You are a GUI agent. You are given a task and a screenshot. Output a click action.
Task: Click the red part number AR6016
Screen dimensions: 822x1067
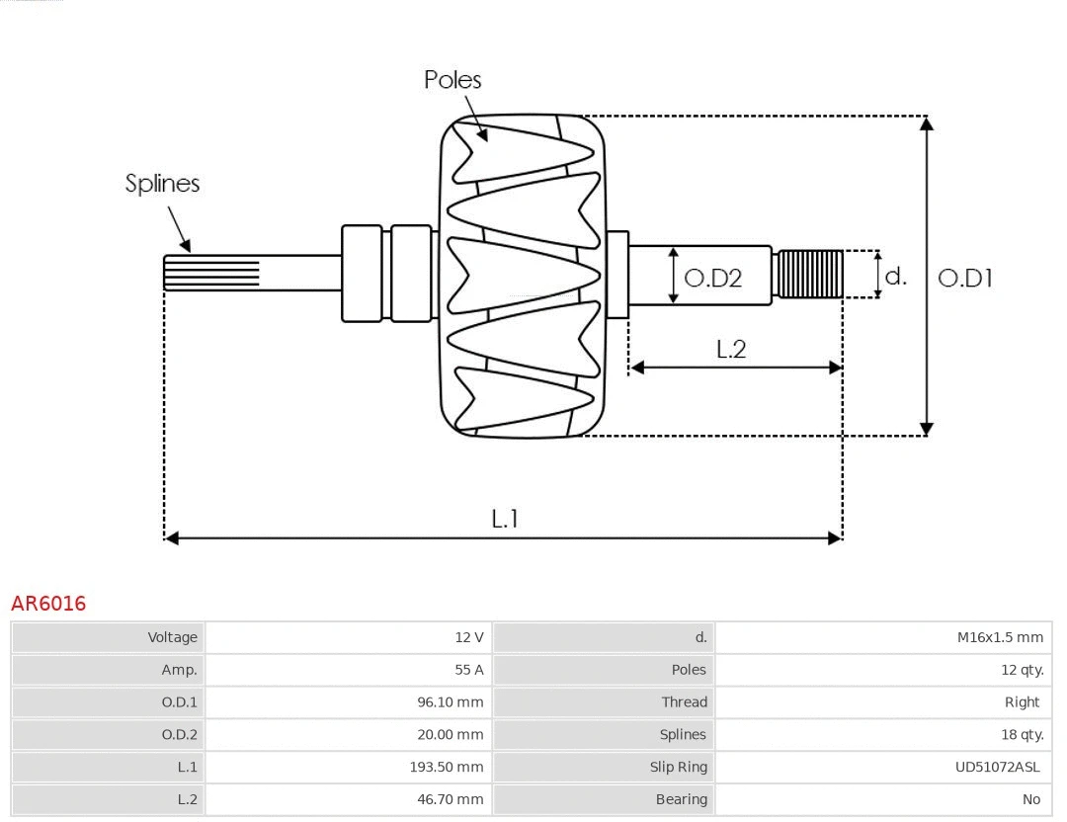[x=48, y=603]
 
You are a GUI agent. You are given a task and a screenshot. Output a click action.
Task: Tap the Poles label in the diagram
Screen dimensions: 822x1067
[x=452, y=80]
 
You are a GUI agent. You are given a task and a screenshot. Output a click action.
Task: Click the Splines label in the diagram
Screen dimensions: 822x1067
[x=162, y=184]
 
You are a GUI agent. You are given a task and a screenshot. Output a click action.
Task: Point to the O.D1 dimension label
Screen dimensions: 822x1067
[x=964, y=279]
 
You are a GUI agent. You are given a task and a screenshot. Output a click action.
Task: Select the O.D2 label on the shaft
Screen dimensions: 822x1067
[x=712, y=279]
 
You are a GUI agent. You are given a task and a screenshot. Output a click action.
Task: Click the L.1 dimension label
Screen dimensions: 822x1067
[x=505, y=519]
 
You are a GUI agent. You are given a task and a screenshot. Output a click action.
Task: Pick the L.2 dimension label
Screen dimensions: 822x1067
[x=731, y=349]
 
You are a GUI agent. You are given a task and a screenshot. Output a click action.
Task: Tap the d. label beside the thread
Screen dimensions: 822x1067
[x=895, y=277]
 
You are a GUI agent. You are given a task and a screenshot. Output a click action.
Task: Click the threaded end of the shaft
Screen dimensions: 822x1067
[x=810, y=275]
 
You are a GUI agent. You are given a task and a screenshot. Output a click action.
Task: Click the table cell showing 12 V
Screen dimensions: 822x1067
[x=469, y=637]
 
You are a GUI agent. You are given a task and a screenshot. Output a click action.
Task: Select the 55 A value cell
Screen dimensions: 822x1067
[x=469, y=670]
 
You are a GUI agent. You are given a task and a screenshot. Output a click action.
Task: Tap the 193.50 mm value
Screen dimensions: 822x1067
[x=447, y=767]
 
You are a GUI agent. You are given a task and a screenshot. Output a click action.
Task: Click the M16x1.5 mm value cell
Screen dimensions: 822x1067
[x=1000, y=637]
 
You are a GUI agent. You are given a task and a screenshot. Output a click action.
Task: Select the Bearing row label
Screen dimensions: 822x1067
[x=681, y=799]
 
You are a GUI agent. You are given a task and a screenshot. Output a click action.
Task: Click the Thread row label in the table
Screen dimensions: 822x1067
[x=684, y=702]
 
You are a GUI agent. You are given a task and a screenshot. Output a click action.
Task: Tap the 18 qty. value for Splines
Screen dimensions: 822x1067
[x=1022, y=734]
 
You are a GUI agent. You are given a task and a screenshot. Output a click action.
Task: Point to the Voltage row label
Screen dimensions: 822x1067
[x=173, y=637]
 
